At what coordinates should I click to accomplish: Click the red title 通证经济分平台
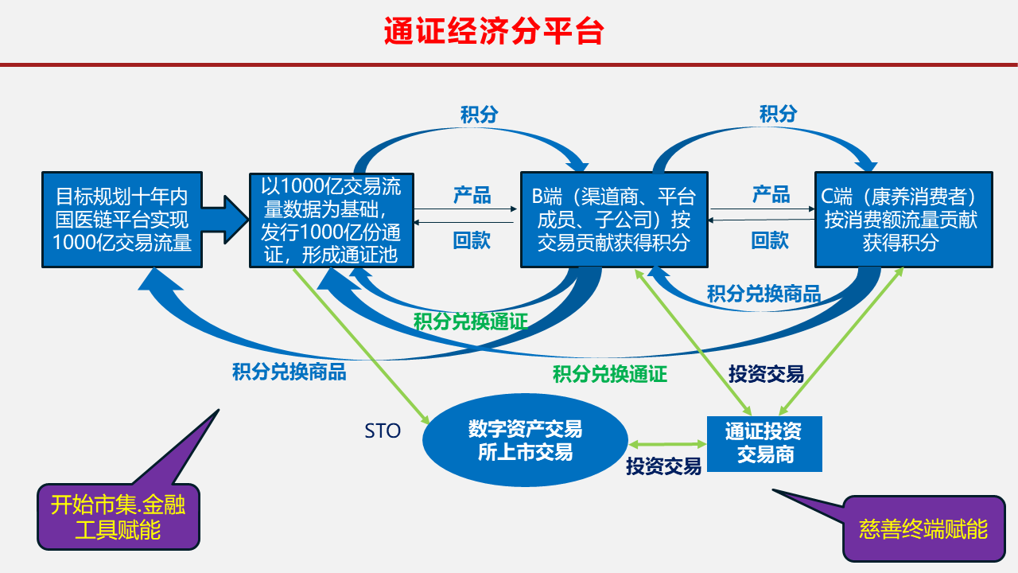[x=494, y=31]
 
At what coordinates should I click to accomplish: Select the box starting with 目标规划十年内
[x=122, y=220]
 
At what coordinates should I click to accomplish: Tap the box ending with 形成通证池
[x=332, y=220]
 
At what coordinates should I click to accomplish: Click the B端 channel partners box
[x=614, y=220]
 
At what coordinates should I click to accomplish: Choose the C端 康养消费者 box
[x=903, y=220]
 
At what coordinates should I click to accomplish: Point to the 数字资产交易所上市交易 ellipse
[x=526, y=440]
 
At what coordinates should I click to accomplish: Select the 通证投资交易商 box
[x=764, y=444]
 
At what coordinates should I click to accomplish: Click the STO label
[x=383, y=431]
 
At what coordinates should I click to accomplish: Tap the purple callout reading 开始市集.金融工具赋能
[x=119, y=517]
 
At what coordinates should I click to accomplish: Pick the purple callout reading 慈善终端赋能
[x=923, y=529]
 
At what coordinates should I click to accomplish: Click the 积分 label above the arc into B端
[x=479, y=114]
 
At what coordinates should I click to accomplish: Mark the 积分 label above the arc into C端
[x=778, y=114]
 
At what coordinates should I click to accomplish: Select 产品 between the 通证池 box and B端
[x=472, y=195]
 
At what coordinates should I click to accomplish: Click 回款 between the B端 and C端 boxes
[x=770, y=240]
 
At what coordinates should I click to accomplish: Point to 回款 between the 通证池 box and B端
[x=472, y=240]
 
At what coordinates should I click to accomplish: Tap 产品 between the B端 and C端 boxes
[x=771, y=194]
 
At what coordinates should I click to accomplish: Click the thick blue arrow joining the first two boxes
[x=225, y=220]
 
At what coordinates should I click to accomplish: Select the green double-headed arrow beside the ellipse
[x=667, y=444]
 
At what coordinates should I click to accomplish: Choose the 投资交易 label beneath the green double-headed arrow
[x=663, y=466]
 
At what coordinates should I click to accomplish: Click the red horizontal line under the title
[x=509, y=64]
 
